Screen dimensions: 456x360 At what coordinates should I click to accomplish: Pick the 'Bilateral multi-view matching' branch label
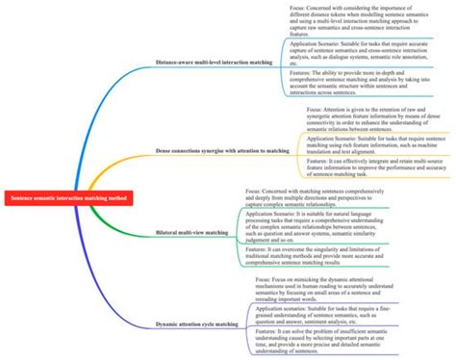(x=191, y=233)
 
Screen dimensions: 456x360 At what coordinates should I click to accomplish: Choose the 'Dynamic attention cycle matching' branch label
(x=198, y=325)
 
